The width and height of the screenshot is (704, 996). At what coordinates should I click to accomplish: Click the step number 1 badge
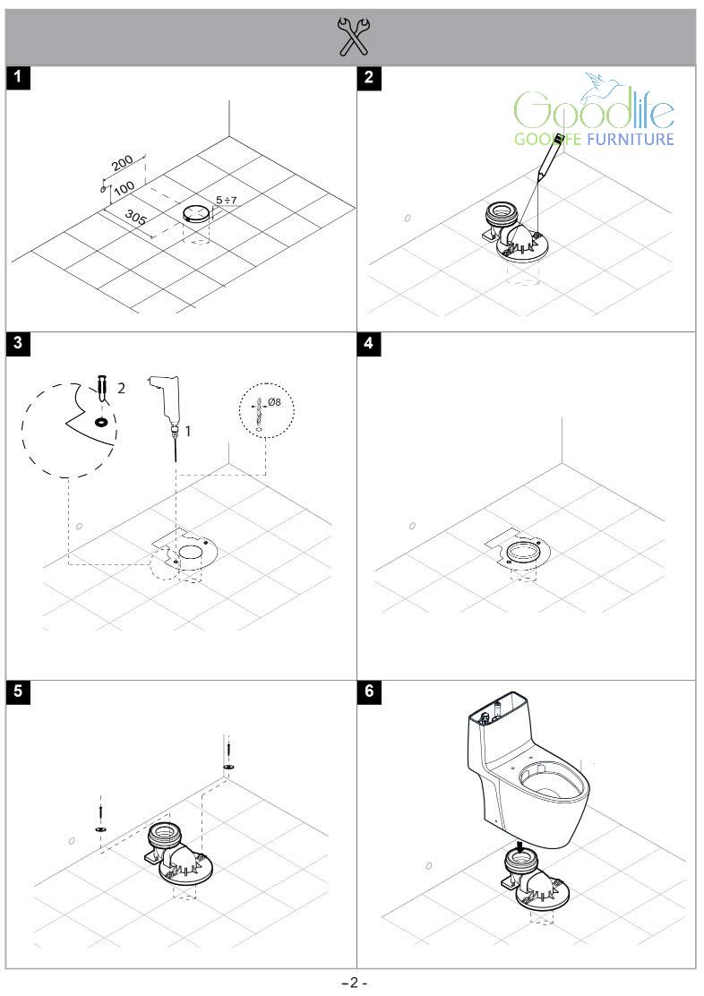[x=18, y=77]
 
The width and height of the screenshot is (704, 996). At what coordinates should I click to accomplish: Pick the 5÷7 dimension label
[x=226, y=200]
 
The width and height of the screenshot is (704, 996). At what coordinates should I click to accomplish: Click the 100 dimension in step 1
[x=124, y=187]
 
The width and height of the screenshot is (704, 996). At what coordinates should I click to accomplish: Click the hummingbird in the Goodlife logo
[x=596, y=87]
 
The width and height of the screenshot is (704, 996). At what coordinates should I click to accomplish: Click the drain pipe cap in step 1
[x=196, y=213]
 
